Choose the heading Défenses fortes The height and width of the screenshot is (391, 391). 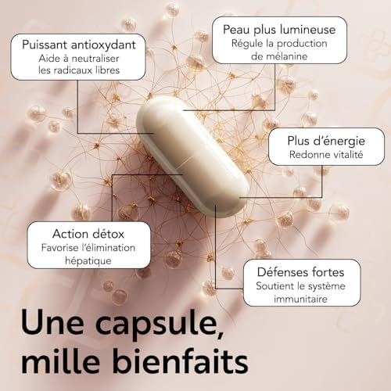pos(292,274)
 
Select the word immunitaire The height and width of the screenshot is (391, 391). pos(291,300)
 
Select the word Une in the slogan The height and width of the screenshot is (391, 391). pos(51,325)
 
